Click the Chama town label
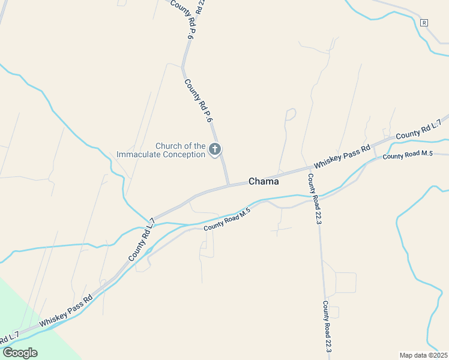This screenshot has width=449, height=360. click(264, 181)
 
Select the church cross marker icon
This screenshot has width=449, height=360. click(215, 149)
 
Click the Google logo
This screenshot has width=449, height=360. click(20, 352)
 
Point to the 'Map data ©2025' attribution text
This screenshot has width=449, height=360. click(423, 355)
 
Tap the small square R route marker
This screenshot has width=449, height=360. click(424, 23)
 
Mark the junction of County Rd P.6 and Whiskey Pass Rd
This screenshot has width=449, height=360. click(228, 185)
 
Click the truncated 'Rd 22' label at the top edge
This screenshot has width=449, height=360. click(200, 7)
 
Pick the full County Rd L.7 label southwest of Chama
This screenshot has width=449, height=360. click(141, 240)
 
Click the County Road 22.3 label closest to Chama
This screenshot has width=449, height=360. click(315, 199)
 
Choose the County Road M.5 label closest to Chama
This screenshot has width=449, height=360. click(226, 220)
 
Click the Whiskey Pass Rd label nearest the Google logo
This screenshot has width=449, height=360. click(66, 311)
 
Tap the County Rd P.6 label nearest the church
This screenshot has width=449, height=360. click(199, 100)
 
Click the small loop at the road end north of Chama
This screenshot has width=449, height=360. click(291, 113)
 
